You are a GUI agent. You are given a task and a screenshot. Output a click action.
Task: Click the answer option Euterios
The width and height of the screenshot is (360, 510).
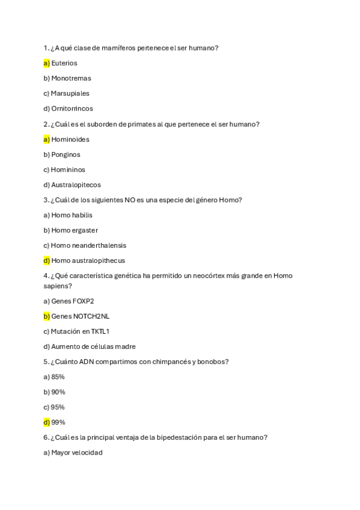[64, 63]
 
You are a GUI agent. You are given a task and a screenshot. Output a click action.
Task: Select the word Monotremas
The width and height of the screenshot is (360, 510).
[71, 78]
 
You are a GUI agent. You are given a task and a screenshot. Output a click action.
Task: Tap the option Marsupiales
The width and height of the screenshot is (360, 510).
[70, 93]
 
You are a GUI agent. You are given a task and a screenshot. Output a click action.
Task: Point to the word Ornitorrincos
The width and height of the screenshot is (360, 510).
[72, 109]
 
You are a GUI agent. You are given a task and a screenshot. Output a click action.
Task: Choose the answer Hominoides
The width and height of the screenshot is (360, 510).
[70, 140]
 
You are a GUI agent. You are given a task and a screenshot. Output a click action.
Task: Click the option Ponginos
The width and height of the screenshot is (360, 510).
[66, 155]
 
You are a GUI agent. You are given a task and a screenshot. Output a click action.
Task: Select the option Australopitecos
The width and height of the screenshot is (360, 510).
[76, 185]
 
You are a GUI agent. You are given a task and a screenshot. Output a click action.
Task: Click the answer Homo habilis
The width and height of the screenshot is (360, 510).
[72, 215]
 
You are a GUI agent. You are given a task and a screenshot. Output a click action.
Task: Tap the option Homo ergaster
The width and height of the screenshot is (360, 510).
[75, 230]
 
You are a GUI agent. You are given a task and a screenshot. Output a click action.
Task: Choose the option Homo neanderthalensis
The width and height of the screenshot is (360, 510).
[88, 245]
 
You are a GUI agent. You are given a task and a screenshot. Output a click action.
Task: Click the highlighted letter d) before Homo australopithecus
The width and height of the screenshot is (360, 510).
[46, 260]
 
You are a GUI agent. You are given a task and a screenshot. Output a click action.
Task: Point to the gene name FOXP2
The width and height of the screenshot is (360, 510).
[84, 301]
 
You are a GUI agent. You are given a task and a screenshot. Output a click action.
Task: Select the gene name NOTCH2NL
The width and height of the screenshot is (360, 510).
[91, 316]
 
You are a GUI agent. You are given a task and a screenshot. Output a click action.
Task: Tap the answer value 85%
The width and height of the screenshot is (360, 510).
[58, 377]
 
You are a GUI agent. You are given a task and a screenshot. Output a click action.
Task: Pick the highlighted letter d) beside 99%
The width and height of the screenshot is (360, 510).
[46, 422]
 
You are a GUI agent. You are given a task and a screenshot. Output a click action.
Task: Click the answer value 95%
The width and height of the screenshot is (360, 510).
[58, 407]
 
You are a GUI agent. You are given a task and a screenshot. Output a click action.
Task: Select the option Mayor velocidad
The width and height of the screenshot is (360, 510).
[77, 453]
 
